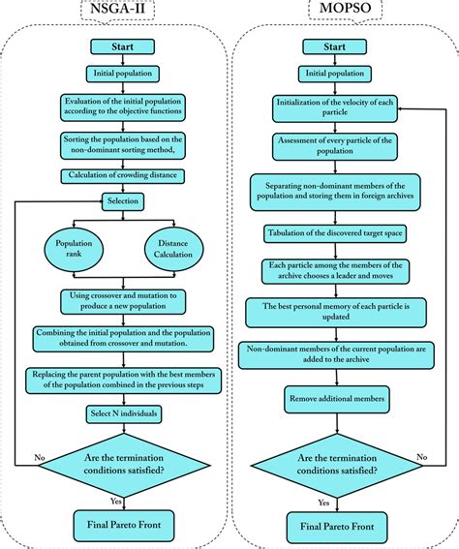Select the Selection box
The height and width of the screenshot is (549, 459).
(123, 200)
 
